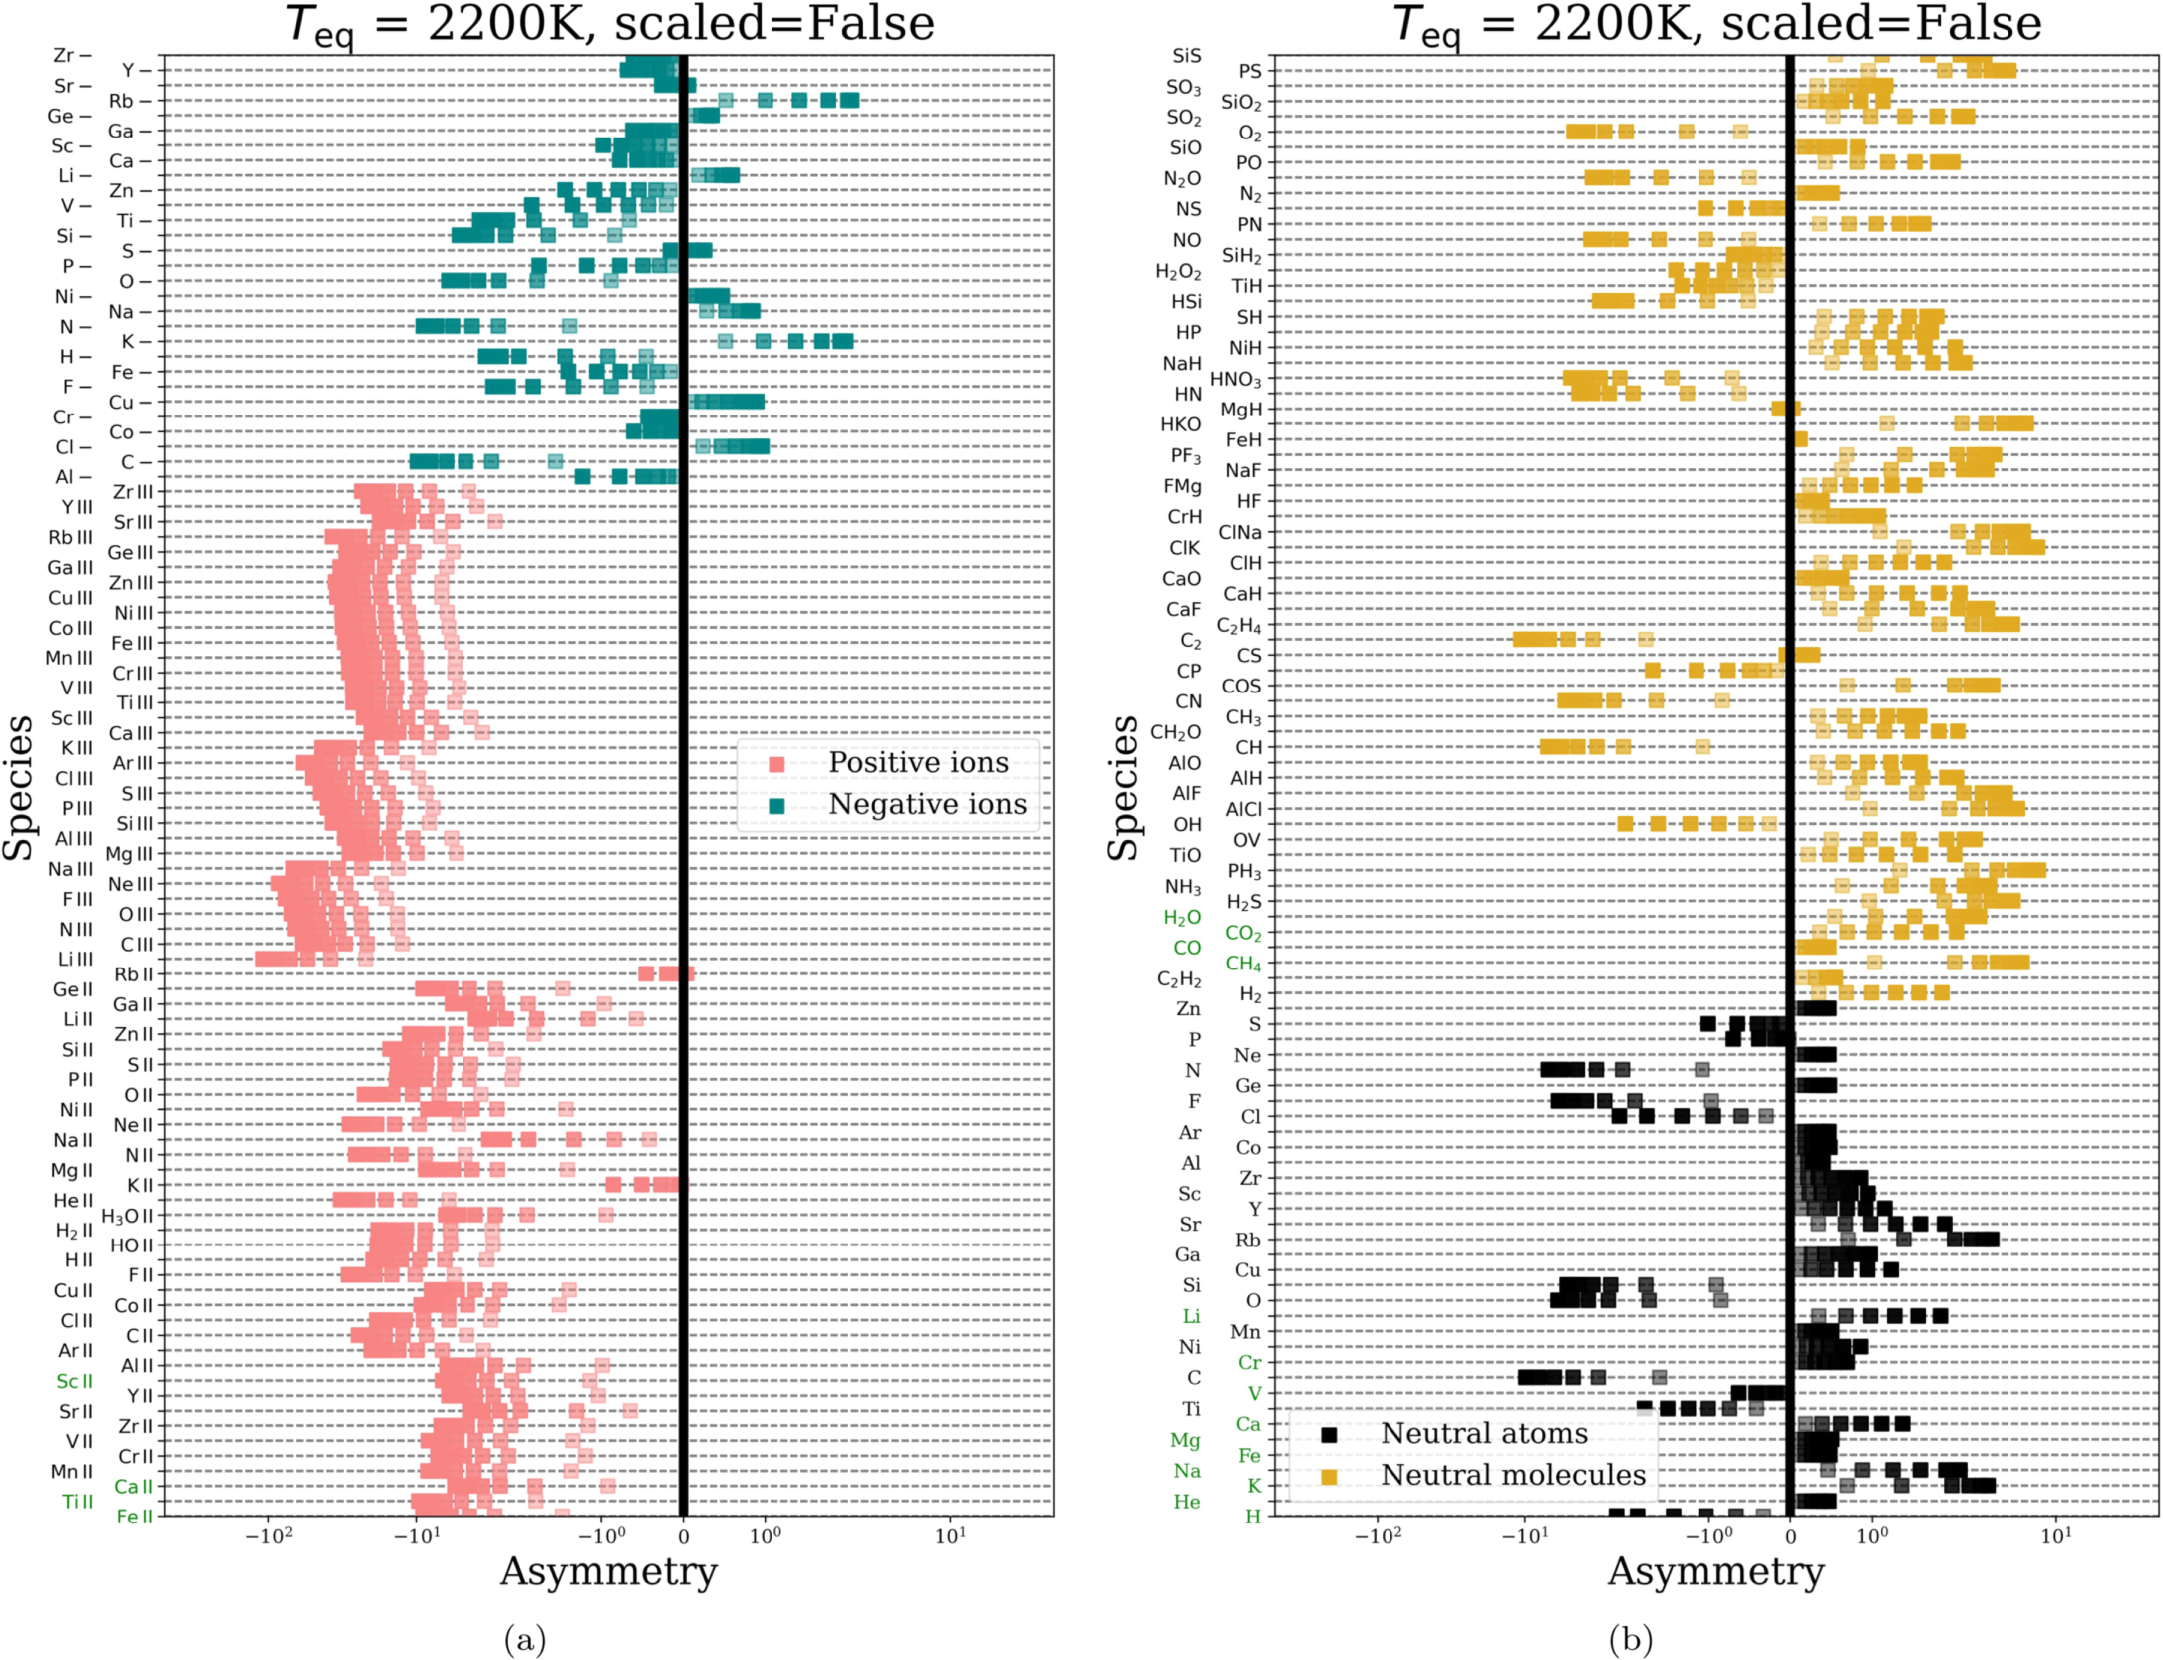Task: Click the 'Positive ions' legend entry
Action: pos(917,763)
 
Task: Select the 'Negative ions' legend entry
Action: pos(926,805)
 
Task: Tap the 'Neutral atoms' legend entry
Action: pos(1483,1434)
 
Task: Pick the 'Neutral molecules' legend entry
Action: pos(1512,1476)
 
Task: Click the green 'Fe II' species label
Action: pos(134,1517)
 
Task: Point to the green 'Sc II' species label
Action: pos(74,1381)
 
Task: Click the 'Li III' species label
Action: pos(74,959)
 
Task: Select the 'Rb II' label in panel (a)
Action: pos(134,974)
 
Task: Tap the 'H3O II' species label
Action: pos(127,1216)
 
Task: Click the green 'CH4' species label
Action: pos(1243,964)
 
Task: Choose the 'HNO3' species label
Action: pos(1235,379)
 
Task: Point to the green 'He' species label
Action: pos(1186,1502)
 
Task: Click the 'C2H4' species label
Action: pos(1239,626)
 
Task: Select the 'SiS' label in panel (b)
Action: pos(1186,56)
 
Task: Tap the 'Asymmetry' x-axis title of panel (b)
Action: pos(1715,1571)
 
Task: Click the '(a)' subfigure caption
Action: pos(525,1639)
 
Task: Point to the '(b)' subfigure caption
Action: pos(1630,1639)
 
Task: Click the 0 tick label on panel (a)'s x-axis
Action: pos(683,1536)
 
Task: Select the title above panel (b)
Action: pos(1715,24)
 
